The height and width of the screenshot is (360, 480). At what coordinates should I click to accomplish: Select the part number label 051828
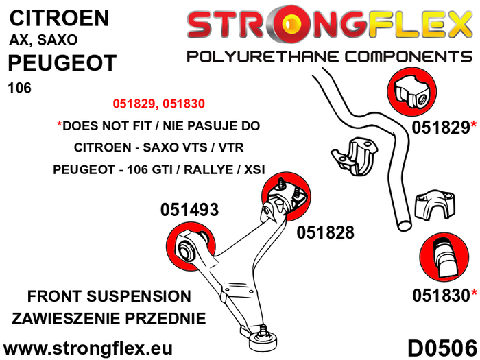(326, 232)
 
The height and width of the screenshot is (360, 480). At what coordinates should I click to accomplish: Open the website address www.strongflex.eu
(88, 346)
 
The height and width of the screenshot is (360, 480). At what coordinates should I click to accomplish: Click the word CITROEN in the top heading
(59, 17)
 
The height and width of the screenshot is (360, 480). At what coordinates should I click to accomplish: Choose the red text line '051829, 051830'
(158, 105)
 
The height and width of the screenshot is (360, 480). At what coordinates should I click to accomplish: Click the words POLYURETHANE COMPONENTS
(324, 56)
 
